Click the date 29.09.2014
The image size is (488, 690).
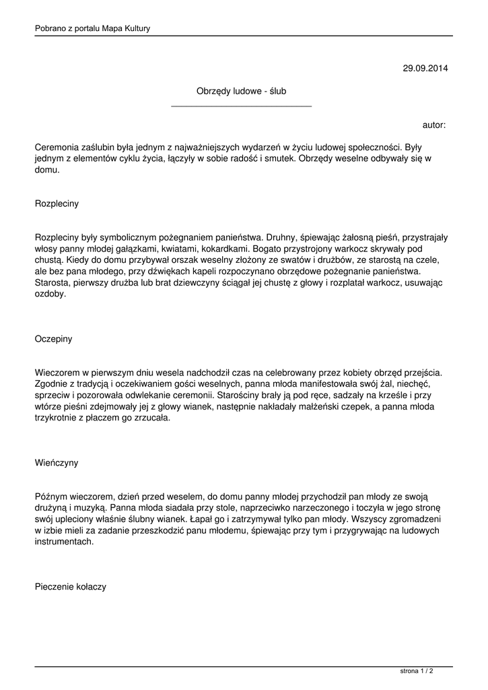(x=425, y=68)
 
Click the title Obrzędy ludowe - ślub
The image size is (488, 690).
(x=241, y=91)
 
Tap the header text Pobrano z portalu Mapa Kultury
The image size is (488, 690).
(x=92, y=28)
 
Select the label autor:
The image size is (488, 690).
(x=434, y=125)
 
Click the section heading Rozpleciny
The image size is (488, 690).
(x=57, y=203)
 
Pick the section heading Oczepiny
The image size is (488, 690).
(x=53, y=339)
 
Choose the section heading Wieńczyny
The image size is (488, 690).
(x=57, y=463)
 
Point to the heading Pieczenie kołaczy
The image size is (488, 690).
(x=70, y=587)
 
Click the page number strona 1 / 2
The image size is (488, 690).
(x=417, y=671)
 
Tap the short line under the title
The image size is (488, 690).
(x=241, y=106)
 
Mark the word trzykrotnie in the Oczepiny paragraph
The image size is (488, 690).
(x=57, y=418)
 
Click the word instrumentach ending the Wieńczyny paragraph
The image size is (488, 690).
(x=64, y=542)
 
